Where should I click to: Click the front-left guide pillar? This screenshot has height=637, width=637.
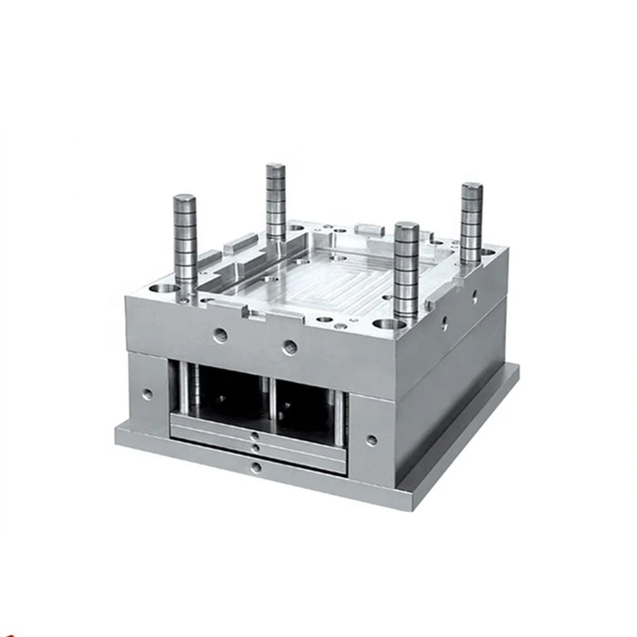pyautogui.click(x=186, y=247)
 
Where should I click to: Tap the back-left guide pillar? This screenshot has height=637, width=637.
pyautogui.click(x=276, y=203)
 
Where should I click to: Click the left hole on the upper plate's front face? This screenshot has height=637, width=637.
pyautogui.click(x=221, y=335)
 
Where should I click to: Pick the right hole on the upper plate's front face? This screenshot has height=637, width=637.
pyautogui.click(x=291, y=347)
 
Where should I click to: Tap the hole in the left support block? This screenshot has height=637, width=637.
pyautogui.click(x=147, y=393)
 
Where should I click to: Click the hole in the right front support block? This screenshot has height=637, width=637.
pyautogui.click(x=372, y=440)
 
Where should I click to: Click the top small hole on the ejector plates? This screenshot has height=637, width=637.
pyautogui.click(x=253, y=436)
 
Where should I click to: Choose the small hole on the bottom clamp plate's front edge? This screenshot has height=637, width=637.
pyautogui.click(x=255, y=467)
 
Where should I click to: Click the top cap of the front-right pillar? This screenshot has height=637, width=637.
pyautogui.click(x=406, y=227)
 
